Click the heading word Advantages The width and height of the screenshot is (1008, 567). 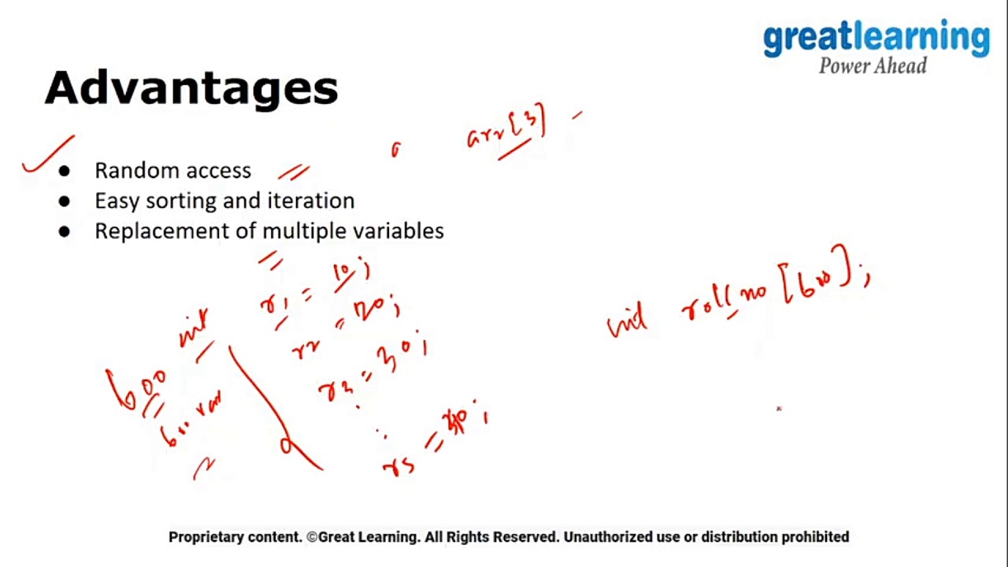191,87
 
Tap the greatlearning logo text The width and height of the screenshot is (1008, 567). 876,39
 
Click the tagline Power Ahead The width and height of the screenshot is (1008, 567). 873,66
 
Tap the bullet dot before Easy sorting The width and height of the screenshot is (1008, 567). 64,202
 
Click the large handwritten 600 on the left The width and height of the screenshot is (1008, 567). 136,386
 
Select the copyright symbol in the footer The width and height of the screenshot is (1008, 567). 312,537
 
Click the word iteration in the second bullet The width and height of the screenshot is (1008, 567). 311,201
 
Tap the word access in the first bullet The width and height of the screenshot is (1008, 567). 224,171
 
